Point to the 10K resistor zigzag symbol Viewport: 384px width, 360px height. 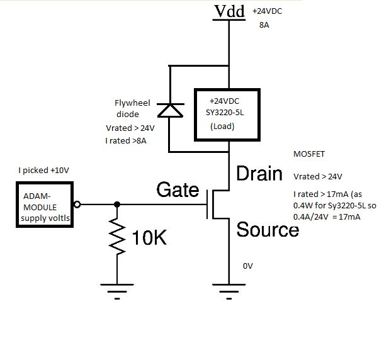pyautogui.click(x=117, y=237)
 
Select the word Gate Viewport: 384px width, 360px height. pyautogui.click(x=178, y=189)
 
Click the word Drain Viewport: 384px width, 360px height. pyautogui.click(x=259, y=174)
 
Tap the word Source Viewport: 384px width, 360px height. pyautogui.click(x=267, y=230)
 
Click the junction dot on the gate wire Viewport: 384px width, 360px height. pyautogui.click(x=117, y=205)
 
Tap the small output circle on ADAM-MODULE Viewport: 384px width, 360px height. pyautogui.click(x=77, y=205)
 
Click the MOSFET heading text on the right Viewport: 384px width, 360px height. pyautogui.click(x=308, y=154)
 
